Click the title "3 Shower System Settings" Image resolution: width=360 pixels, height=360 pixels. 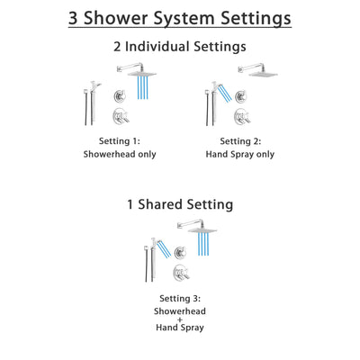(x=180, y=20)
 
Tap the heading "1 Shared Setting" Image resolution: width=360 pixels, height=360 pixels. (x=180, y=205)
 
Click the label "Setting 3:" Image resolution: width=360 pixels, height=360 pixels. (x=180, y=298)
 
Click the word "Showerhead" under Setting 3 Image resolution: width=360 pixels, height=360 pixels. (x=180, y=311)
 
